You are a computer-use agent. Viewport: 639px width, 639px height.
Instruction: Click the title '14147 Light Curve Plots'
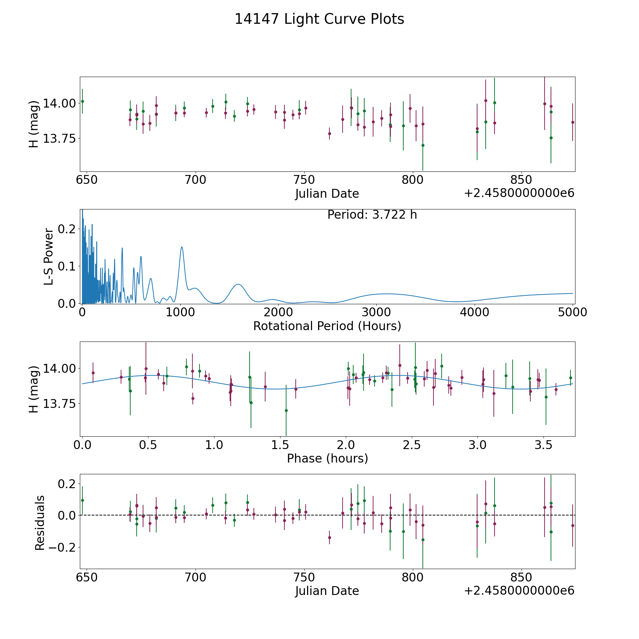(x=319, y=19)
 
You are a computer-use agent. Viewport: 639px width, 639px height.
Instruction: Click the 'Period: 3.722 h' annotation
(x=372, y=215)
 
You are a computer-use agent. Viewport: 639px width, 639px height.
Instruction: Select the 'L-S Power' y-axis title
(x=49, y=257)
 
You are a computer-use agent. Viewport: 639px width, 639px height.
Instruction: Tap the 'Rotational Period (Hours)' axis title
(x=327, y=326)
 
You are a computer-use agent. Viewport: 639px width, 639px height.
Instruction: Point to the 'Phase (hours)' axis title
(x=327, y=458)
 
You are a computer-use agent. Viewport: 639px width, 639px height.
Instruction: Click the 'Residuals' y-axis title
(x=40, y=523)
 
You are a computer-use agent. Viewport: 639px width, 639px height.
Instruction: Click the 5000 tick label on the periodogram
(x=573, y=312)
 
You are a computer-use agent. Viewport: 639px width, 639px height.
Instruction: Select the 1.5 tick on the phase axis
(x=280, y=445)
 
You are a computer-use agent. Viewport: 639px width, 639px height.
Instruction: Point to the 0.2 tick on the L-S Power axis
(x=67, y=229)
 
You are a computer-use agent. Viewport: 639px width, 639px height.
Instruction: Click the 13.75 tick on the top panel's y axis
(x=59, y=138)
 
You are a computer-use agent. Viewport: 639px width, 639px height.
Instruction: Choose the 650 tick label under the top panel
(x=87, y=180)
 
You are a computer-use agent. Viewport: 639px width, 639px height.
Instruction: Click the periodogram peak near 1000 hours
(x=182, y=247)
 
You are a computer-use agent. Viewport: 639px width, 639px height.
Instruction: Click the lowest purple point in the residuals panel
(x=329, y=537)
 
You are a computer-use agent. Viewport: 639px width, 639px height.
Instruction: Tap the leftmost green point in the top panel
(x=82, y=101)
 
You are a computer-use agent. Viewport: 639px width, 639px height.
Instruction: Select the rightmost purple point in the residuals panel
(x=573, y=525)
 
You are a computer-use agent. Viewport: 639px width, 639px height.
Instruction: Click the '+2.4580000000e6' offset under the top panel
(x=519, y=193)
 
